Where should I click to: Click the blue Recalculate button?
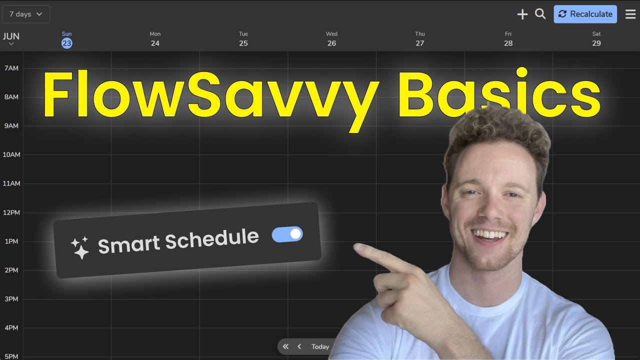[x=585, y=14]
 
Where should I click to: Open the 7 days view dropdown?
[x=26, y=14]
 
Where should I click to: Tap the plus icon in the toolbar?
[x=522, y=14]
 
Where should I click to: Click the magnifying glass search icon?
[x=540, y=14]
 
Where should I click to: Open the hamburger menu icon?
[x=630, y=14]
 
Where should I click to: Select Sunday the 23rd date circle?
[x=66, y=43]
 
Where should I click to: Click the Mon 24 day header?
[x=155, y=39]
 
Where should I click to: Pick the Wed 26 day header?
[x=331, y=39]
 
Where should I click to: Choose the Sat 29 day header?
[x=596, y=39]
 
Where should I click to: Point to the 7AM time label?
[x=11, y=68]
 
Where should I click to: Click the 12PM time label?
[x=11, y=212]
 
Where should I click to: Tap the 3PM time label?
[x=11, y=299]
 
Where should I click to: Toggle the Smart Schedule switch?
[x=287, y=234]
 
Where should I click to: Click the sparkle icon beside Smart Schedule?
[x=79, y=247]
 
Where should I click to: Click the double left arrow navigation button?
[x=285, y=346]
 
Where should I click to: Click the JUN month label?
[x=11, y=36]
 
